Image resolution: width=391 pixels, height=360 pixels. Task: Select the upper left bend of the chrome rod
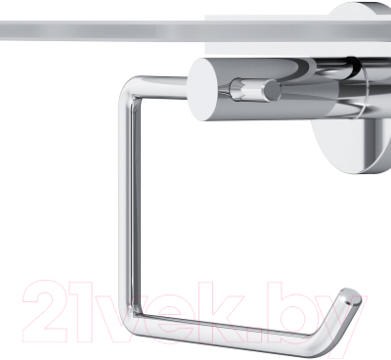pyautogui.click(x=129, y=86)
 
